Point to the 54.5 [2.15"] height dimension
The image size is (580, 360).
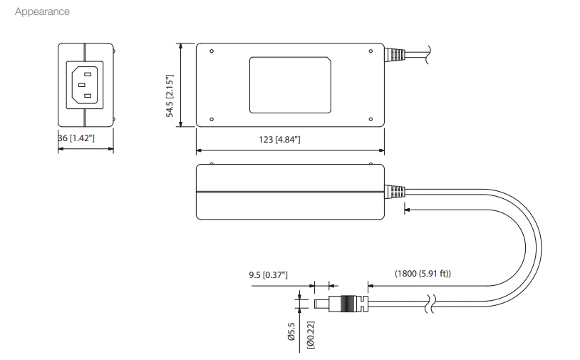click(170, 85)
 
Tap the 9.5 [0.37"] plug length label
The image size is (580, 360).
click(268, 274)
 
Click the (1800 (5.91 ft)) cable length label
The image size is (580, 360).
click(423, 274)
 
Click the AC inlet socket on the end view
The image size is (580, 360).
click(85, 85)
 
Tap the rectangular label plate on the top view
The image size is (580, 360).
click(290, 85)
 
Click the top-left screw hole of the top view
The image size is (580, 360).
click(212, 51)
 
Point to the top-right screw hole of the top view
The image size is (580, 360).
click(371, 51)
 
